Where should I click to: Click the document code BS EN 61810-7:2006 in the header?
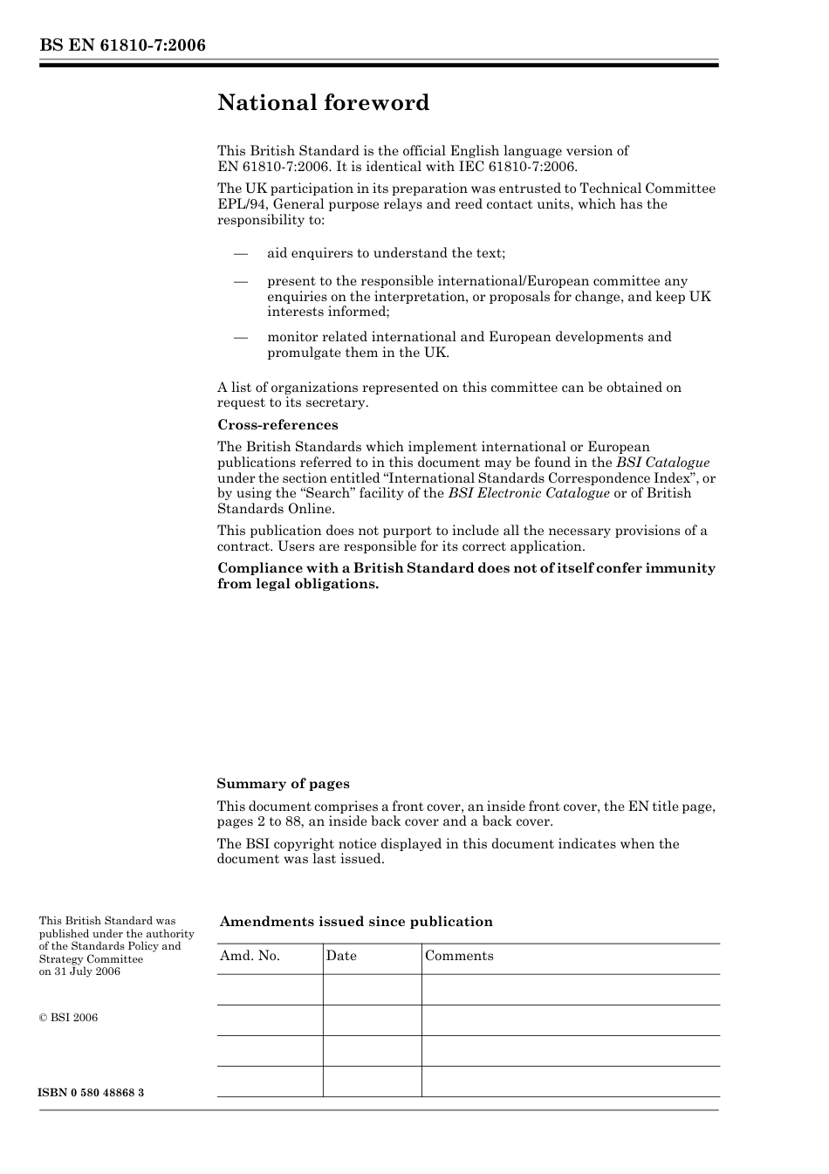[122, 45]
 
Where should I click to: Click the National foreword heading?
[323, 103]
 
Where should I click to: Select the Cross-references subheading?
[277, 425]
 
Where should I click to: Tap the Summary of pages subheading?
[283, 784]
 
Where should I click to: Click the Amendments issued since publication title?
[356, 922]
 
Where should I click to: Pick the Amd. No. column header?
[250, 956]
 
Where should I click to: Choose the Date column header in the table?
[341, 956]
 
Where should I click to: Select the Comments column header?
[459, 956]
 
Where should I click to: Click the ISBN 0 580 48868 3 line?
[92, 1093]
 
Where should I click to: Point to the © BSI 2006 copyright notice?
[68, 1018]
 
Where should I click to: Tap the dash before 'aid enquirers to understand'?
[241, 253]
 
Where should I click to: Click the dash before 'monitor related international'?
[241, 337]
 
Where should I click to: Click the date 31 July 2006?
[86, 971]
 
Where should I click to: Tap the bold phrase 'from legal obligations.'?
[298, 584]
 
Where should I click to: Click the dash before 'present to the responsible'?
[241, 281]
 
